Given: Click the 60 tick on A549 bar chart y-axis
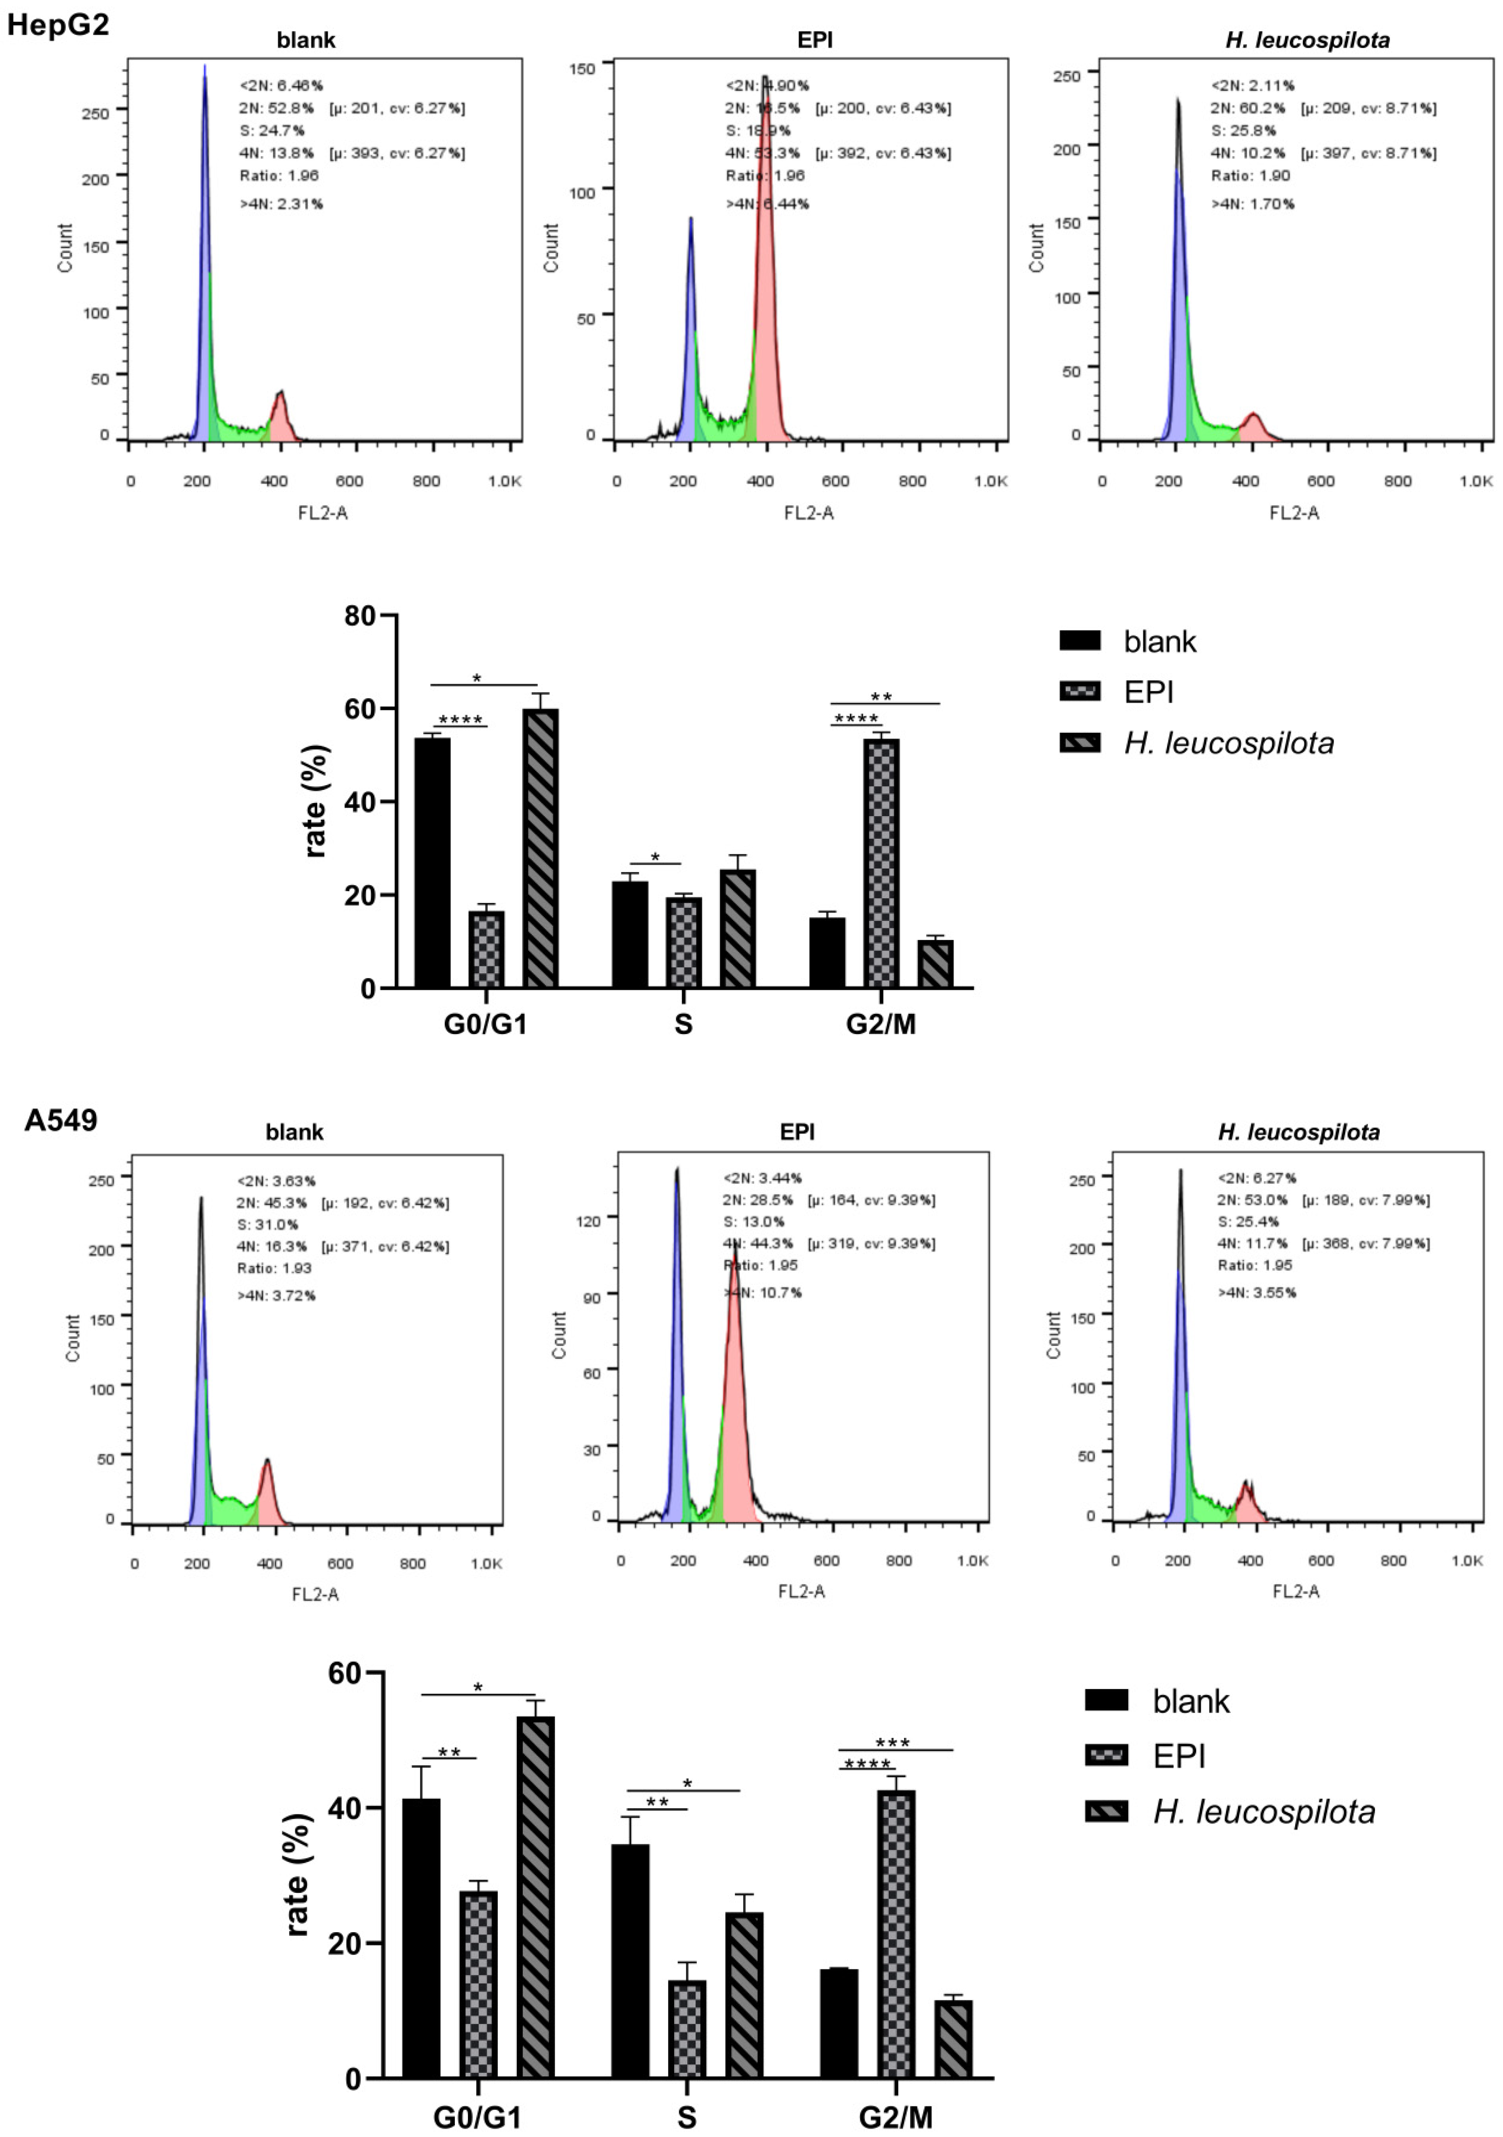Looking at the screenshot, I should click(x=345, y=1672).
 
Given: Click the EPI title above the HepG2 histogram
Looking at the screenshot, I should click(x=815, y=40).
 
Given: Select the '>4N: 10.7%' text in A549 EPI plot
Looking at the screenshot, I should click(x=763, y=1292).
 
